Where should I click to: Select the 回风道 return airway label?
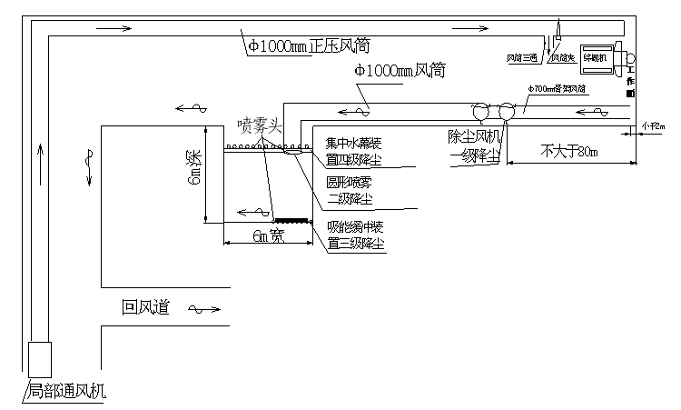[x=145, y=307]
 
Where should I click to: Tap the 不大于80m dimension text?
[x=568, y=150]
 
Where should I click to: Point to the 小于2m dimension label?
[x=653, y=126]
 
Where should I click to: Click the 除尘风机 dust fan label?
[x=474, y=135]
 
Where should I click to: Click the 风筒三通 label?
[x=523, y=57]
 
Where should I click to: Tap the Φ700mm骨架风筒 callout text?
[x=555, y=89]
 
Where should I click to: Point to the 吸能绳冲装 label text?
[x=357, y=226]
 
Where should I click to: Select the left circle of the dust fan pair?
[x=480, y=111]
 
